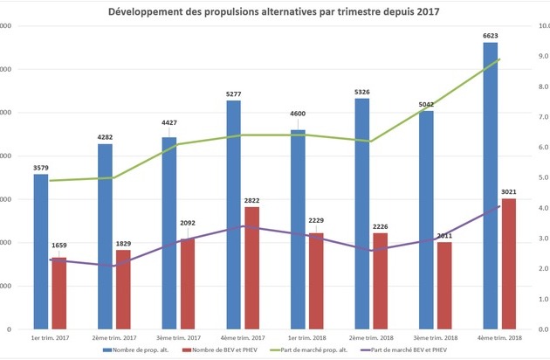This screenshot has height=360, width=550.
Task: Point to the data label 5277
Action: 234,93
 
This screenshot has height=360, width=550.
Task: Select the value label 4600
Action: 298,123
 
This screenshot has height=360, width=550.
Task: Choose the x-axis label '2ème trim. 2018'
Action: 370,338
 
